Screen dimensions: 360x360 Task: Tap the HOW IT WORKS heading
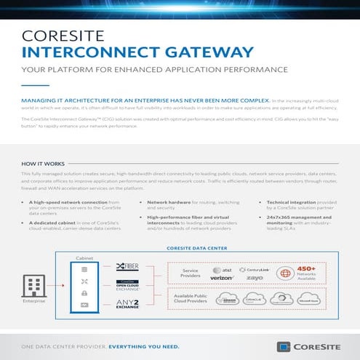click(x=43, y=164)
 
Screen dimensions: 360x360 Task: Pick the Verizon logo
click(x=222, y=277)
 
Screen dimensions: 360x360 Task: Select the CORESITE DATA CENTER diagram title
click(x=196, y=247)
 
